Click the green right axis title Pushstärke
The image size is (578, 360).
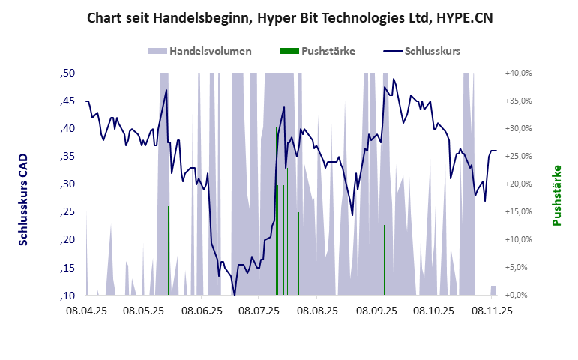[556, 195]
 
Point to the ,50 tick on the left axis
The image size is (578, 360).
[67, 73]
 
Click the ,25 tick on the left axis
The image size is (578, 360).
[67, 212]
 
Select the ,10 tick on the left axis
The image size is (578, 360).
[67, 295]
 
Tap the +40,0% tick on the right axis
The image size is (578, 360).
[518, 73]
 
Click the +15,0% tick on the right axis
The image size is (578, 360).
[518, 212]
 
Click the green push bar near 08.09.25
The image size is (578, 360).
[384, 259]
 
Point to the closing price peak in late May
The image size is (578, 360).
[166, 90]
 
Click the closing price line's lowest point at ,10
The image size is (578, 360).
[235, 295]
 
